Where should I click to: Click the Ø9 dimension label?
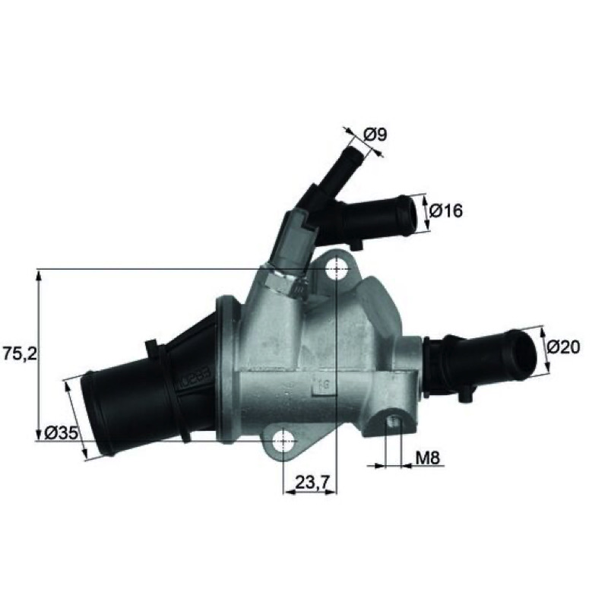point(375,135)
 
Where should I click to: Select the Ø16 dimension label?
point(446,211)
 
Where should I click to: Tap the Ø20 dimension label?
point(564,347)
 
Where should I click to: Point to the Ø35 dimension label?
point(62,433)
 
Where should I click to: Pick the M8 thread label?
point(428,458)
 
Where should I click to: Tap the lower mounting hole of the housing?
point(283,441)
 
